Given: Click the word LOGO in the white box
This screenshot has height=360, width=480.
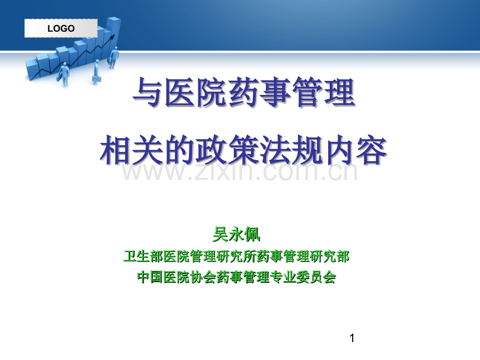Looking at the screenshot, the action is pos(61,29).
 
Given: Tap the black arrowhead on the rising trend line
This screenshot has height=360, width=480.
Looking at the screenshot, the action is pos(113,37).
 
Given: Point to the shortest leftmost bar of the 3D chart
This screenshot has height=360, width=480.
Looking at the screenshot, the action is pos(32,69).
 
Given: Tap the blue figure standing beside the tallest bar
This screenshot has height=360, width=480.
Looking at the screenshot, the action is pos(113,57).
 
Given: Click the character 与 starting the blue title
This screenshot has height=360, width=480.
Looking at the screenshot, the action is pos(147,92).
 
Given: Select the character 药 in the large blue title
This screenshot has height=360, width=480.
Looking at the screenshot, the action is pos(242,92).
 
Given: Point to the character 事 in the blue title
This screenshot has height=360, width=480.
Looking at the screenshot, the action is pos(274,92).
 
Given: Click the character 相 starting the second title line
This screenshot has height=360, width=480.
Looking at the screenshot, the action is pos(115,150).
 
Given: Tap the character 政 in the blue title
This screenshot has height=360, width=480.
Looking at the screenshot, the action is pos(211,150).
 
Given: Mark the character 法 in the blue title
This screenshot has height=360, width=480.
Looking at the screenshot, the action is pos(275,150).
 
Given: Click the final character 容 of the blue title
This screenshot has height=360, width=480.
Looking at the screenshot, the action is pos(371,150).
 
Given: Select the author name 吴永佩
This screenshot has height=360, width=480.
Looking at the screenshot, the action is pos(236,234).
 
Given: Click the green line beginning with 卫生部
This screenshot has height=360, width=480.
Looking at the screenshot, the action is pos(236,256).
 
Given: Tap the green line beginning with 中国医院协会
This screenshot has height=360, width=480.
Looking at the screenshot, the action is pos(236,277).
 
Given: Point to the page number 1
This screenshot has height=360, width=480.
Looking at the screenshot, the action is pos(352,338).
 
